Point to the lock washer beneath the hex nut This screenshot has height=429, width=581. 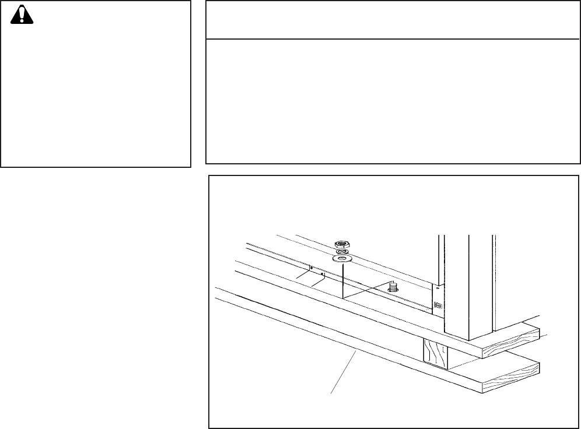point(342,251)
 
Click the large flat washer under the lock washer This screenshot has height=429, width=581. point(342,258)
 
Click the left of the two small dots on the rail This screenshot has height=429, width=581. point(311,268)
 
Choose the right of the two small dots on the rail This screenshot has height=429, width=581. point(323,273)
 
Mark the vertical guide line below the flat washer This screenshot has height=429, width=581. point(343,280)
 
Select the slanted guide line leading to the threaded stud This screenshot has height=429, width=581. point(367,290)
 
